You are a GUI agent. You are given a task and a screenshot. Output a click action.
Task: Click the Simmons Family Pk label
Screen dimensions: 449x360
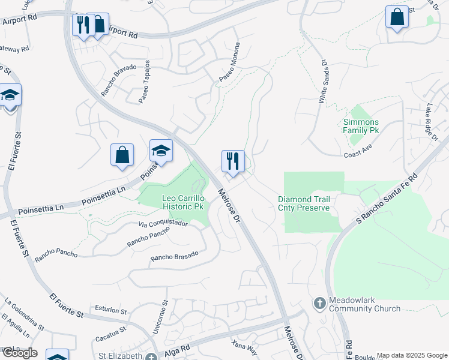(x=361, y=125)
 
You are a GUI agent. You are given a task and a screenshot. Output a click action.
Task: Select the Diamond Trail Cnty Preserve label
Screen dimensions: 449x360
(x=304, y=203)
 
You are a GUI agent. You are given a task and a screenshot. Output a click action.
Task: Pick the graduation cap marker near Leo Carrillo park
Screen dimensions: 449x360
(x=161, y=152)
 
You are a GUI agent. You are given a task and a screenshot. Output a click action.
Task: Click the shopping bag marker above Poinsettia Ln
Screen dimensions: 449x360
(x=122, y=156)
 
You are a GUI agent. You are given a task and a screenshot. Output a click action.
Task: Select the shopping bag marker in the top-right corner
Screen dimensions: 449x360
(x=397, y=18)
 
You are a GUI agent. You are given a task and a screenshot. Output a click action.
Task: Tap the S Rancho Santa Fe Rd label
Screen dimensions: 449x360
(x=386, y=201)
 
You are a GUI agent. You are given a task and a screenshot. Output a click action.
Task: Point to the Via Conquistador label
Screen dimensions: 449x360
(x=163, y=224)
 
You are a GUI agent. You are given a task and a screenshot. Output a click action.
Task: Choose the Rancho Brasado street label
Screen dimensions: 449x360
(x=173, y=257)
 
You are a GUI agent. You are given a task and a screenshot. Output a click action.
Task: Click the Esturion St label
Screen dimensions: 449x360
(x=111, y=311)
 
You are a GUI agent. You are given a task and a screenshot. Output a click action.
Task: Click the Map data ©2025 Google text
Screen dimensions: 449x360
(x=411, y=355)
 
